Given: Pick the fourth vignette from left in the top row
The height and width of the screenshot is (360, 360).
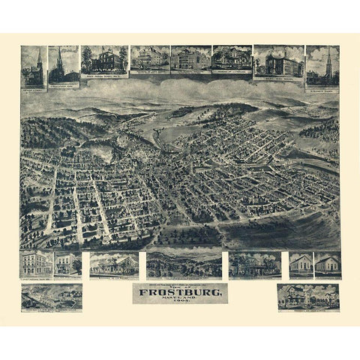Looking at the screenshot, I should coord(149,58).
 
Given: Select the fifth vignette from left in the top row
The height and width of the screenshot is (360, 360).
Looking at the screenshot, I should coord(190,58).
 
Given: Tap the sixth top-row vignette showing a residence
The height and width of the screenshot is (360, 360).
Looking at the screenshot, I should coord(231,58).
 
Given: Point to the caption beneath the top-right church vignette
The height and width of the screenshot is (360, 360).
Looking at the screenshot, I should coord(322,88).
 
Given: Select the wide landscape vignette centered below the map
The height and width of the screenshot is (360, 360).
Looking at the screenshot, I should coord(184,264).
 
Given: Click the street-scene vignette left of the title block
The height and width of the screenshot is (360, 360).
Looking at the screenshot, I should coord(52,297).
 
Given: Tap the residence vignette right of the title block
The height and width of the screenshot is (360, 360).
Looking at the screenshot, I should coord(307,296).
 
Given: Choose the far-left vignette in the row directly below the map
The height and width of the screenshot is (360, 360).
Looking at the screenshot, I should coord(36,263).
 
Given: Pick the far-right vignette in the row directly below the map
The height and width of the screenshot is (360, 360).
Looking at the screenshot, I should coord(327,264).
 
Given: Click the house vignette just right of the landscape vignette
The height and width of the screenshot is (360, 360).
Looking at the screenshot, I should coord(255,264).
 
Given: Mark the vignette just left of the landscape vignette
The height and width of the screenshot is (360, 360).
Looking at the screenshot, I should coord(114,264).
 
